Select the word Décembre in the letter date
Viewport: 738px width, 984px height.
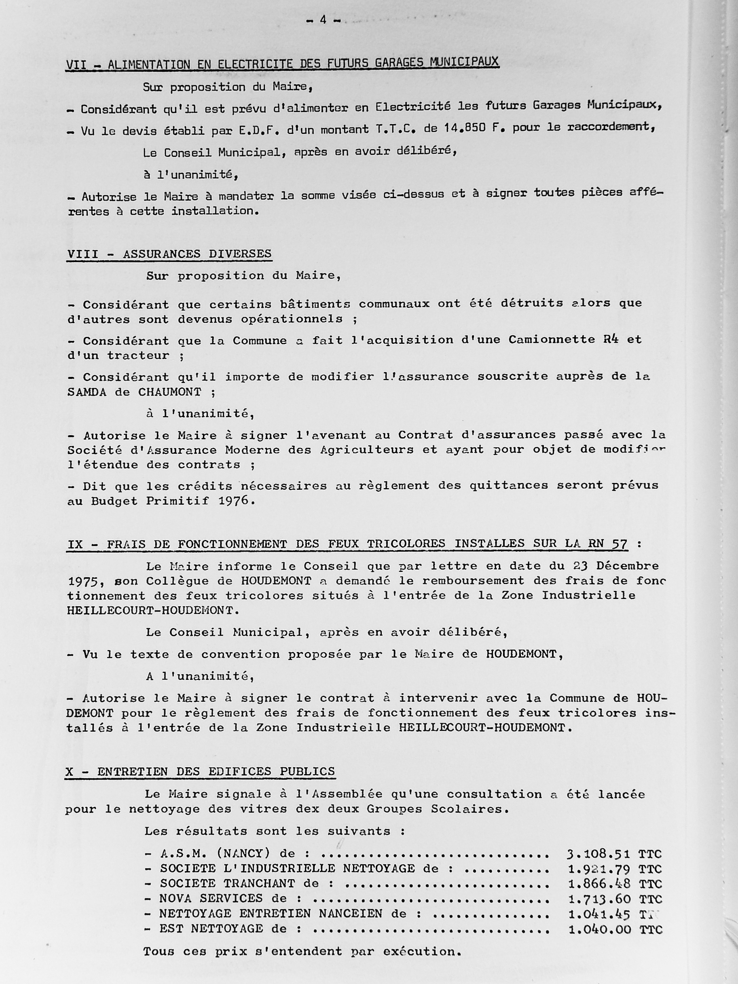coord(627,566)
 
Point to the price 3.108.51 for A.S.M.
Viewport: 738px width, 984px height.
coord(598,854)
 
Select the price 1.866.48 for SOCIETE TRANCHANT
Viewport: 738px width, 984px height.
coord(599,884)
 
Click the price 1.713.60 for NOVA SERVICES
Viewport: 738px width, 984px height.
coord(599,899)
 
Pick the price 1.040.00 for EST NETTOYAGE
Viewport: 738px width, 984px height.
coord(599,929)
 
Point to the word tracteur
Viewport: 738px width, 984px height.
coord(138,356)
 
